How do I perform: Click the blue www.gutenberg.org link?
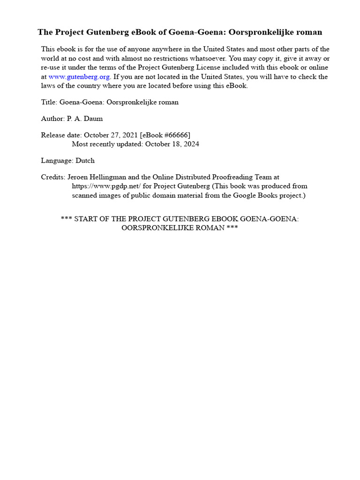[x=79, y=77]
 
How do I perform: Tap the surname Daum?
[x=94, y=119]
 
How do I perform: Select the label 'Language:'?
[x=56, y=161]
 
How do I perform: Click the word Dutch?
[x=85, y=161]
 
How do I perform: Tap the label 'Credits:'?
[x=53, y=178]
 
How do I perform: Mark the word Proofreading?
[x=222, y=178]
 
